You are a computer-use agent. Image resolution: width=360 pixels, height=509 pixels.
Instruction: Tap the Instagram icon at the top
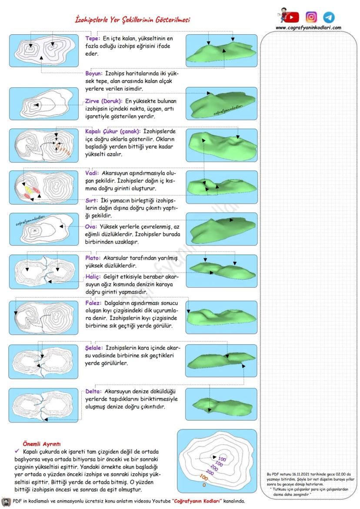point(311,17)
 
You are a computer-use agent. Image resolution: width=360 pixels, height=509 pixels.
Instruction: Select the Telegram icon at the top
point(329,17)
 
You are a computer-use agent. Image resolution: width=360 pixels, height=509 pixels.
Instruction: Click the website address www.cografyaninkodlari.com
point(308,27)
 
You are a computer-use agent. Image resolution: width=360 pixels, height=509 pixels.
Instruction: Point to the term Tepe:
point(93,38)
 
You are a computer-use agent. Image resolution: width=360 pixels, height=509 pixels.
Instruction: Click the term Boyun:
point(95,74)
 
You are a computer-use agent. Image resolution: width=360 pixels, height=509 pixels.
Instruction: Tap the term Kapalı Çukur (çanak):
point(112,131)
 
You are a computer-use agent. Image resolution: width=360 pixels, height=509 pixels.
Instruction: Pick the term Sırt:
point(92,201)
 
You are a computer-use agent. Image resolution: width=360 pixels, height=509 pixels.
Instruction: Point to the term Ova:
point(91,226)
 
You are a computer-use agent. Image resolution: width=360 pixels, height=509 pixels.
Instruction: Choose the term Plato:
point(93,258)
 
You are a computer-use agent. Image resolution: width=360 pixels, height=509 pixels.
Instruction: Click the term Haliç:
point(93,277)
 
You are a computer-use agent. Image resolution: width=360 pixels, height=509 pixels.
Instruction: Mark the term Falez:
point(93,303)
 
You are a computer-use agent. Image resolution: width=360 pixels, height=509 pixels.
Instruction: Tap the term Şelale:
point(95,348)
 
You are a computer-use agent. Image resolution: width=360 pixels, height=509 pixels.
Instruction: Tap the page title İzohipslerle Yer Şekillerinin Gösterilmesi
point(132,20)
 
